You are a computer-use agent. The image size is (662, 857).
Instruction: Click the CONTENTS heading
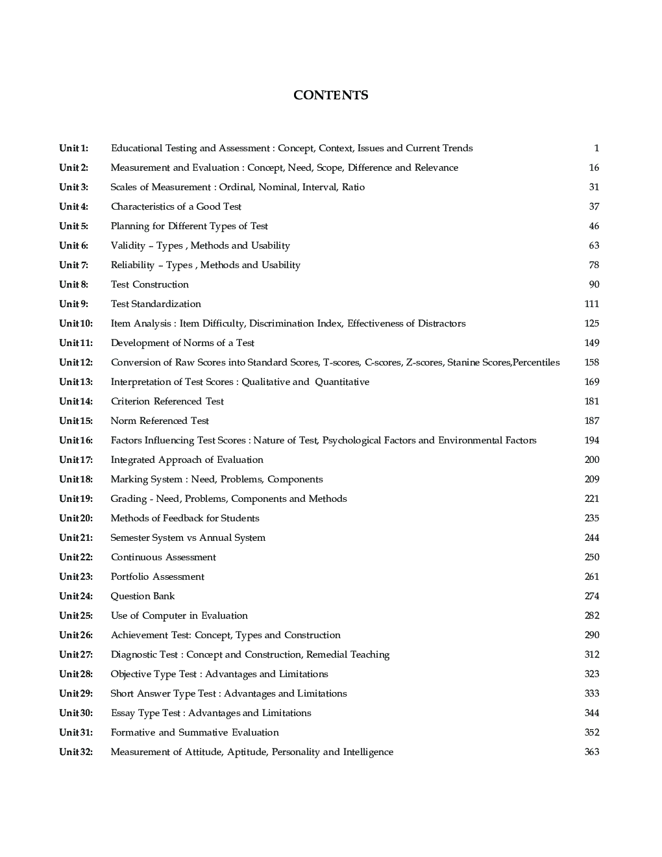click(330, 95)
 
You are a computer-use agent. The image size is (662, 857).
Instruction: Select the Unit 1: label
click(73, 148)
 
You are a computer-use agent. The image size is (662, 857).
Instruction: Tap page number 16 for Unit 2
click(594, 168)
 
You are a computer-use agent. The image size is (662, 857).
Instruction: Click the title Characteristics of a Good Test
click(176, 206)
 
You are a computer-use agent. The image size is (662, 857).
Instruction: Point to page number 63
click(594, 245)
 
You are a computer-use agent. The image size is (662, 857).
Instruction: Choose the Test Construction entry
click(149, 284)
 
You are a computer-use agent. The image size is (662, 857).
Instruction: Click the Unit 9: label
click(73, 304)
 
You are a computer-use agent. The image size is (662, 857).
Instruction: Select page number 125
click(591, 323)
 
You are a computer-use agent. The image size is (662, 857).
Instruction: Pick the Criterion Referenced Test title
click(167, 401)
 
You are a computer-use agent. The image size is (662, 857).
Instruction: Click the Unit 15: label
click(76, 421)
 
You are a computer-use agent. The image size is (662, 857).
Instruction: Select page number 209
click(591, 479)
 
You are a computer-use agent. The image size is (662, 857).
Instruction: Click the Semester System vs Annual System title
click(188, 538)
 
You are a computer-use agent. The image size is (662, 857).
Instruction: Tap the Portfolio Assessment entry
click(157, 577)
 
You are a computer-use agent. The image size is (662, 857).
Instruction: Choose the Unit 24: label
click(76, 596)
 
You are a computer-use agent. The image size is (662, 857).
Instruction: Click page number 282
click(591, 615)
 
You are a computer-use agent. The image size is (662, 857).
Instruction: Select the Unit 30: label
click(76, 713)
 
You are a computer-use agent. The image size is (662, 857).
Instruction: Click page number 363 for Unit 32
click(591, 752)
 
